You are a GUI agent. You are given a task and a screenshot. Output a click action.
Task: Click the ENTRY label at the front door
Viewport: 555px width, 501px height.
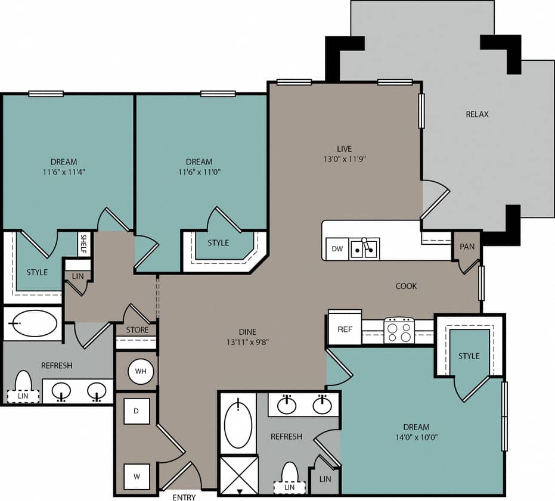pos(184,497)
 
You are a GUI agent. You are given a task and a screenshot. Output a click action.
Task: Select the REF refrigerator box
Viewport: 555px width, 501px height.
pos(345,328)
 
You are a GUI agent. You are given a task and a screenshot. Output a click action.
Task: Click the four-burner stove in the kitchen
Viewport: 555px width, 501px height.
pos(399,330)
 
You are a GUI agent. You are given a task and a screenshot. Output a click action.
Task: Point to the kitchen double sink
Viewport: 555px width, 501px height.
pos(364,249)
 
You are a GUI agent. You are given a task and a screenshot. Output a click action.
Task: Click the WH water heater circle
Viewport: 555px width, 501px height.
pos(141,372)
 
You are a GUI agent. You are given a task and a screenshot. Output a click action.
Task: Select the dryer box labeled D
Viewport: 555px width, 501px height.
pos(137,411)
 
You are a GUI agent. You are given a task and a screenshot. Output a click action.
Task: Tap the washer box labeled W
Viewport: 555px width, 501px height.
pos(137,476)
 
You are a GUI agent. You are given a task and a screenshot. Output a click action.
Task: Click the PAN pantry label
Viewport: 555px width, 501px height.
pos(467,247)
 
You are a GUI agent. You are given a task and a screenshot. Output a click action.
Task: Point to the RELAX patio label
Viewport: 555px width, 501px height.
pos(477,114)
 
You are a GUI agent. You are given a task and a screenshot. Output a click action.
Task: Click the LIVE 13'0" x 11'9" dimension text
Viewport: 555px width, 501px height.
pos(344,159)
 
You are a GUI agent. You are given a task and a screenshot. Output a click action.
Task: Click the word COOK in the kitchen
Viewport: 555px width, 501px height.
pos(406,286)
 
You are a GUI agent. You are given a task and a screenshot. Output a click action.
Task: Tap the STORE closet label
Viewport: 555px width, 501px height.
pos(137,329)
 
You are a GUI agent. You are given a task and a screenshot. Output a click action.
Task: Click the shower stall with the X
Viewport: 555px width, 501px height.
pos(238,474)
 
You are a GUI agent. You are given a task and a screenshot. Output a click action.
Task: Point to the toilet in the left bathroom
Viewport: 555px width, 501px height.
pos(23,384)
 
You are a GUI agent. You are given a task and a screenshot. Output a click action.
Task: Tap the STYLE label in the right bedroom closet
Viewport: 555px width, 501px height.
pos(469,356)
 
